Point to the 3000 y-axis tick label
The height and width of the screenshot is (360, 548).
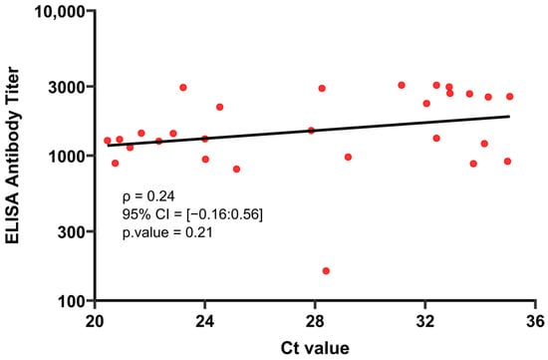click(67, 87)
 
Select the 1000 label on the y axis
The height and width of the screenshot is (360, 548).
click(67, 157)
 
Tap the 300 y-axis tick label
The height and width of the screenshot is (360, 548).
click(72, 232)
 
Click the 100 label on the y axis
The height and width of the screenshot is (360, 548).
click(72, 301)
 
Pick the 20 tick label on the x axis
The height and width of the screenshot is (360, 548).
click(95, 321)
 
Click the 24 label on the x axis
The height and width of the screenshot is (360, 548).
click(205, 321)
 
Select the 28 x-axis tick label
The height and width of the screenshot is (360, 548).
click(315, 321)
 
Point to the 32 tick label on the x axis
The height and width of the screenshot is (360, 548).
click(425, 321)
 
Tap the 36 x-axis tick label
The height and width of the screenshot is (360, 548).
click(535, 321)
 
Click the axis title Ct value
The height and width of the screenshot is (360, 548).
click(315, 348)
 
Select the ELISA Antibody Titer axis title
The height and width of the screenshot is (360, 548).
click(13, 156)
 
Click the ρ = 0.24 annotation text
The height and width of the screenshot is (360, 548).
click(148, 196)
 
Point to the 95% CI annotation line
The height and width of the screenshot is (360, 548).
click(192, 214)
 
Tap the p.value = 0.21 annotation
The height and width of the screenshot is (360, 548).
click(167, 232)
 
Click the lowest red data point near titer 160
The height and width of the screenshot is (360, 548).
click(326, 271)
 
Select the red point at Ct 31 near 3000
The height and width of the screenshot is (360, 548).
click(402, 85)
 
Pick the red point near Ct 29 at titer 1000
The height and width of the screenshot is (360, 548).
click(348, 158)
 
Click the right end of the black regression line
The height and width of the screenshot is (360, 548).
click(509, 116)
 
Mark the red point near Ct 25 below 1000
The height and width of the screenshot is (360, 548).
click(236, 169)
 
